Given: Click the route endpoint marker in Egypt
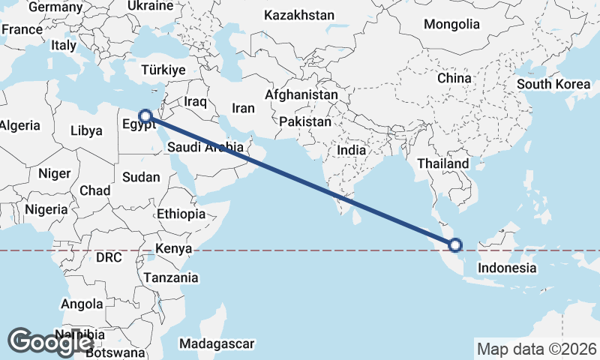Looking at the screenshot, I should coord(146,116).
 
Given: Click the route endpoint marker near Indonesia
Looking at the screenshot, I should coord(454,244).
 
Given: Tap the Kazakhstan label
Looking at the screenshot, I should coord(299,15).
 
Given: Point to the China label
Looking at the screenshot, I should coord(454,78).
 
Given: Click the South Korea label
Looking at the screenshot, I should coord(553,84).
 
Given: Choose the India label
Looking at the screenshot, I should coord(351,150).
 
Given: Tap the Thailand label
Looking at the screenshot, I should coord(443,163).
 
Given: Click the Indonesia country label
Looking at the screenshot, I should coord(507,268).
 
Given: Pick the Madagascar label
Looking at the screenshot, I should coord(217,344).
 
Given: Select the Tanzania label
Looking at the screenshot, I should coord(172,277).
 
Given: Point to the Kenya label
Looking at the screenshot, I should coord(174,249).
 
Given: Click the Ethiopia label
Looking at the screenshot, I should coord(181,214).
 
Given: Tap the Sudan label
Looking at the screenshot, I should coord(141,177).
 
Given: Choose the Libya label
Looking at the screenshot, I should coord(86,130).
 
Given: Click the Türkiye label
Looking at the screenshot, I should coord(163,70).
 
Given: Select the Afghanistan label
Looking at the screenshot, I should coord(301,96).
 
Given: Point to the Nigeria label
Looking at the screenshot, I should coord(46,209).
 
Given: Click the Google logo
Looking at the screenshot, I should coord(50,342).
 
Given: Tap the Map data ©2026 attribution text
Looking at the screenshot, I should coord(536,349).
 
